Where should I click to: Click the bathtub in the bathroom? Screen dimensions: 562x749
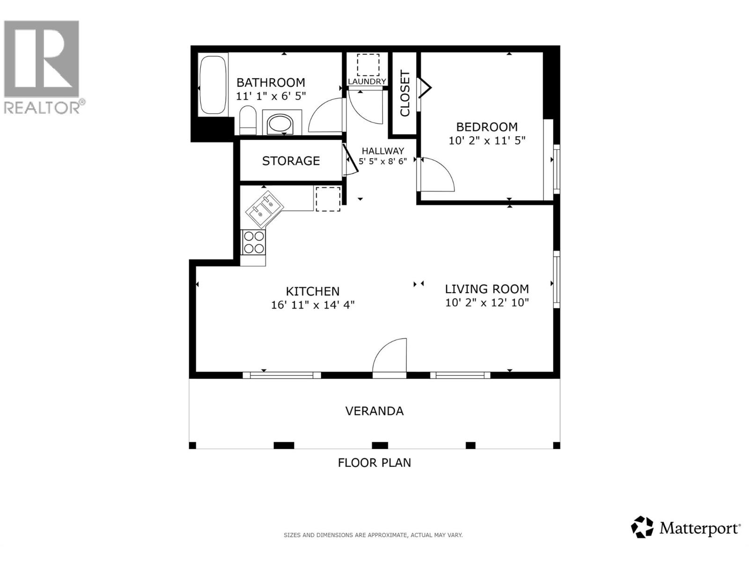[213, 85]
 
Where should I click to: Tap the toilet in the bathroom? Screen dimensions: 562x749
[248, 120]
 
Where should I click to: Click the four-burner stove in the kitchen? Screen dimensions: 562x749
[253, 242]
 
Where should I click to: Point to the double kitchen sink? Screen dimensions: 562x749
[264, 209]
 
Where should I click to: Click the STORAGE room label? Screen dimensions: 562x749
[291, 161]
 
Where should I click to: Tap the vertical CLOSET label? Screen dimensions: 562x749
[405, 93]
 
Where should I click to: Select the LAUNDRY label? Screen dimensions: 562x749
[367, 81]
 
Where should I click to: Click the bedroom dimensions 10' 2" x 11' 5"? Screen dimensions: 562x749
[487, 140]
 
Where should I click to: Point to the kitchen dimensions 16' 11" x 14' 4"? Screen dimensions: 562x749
[313, 305]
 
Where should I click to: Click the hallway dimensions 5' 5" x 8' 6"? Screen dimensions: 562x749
[382, 161]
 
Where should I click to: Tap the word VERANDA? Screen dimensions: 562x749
[374, 411]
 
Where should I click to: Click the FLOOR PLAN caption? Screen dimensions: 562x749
[374, 463]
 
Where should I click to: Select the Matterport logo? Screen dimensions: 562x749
[686, 528]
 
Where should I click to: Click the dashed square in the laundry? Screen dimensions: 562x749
[368, 65]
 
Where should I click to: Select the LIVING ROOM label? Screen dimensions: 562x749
[487, 289]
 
